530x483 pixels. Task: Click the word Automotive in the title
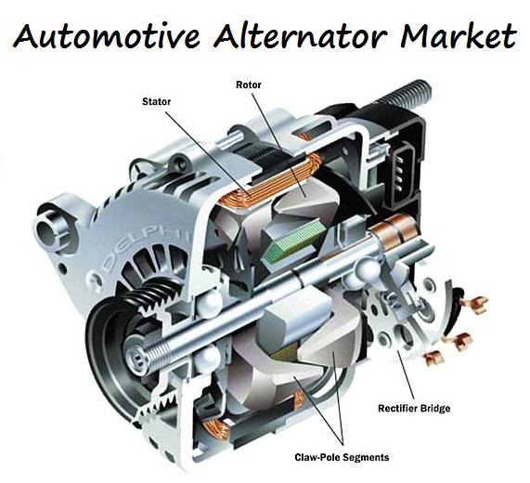coord(107,35)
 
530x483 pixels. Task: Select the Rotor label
coord(249,85)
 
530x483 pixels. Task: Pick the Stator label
coord(156,101)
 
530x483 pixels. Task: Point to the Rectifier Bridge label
coord(414,409)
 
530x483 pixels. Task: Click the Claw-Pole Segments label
coord(342,457)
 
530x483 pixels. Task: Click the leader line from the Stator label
coord(208,154)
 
